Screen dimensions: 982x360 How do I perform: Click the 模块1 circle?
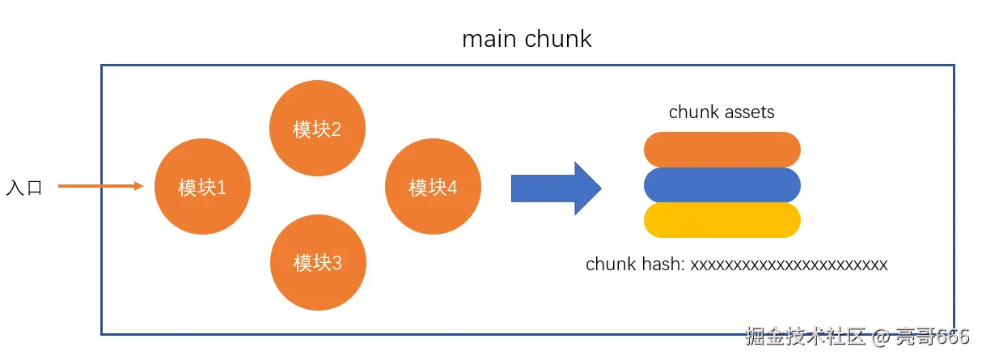(x=202, y=186)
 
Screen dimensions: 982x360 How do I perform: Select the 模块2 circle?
(x=317, y=128)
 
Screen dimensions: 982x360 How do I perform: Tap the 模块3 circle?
(x=318, y=262)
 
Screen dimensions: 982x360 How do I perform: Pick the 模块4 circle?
(x=433, y=186)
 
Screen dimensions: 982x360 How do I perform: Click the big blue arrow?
(x=557, y=188)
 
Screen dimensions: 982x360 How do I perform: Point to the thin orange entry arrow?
(x=101, y=186)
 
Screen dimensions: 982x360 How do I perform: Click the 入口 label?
(x=24, y=188)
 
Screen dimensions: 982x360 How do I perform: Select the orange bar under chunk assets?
(x=722, y=150)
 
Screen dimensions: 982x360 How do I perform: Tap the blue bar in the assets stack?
(x=722, y=185)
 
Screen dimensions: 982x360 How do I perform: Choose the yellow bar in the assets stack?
(x=722, y=220)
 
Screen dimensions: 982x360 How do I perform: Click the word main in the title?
(x=489, y=39)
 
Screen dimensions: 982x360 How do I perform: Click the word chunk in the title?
(x=558, y=39)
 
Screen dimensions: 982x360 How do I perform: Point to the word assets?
(x=750, y=112)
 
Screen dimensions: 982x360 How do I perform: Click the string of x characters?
(x=789, y=265)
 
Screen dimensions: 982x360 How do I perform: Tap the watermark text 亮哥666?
(x=932, y=337)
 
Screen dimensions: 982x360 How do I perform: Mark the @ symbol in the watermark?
(x=880, y=337)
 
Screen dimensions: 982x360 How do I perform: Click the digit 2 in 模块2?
(x=336, y=129)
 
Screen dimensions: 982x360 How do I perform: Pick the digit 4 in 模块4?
(x=452, y=188)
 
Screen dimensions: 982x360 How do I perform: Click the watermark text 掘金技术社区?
(x=806, y=337)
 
